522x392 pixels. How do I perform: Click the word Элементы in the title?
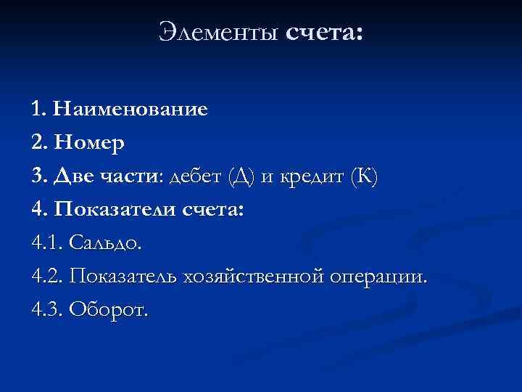click(219, 33)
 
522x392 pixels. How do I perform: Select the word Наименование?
click(130, 110)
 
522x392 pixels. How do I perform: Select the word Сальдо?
click(107, 244)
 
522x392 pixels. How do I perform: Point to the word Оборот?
click(109, 311)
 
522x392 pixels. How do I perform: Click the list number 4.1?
click(47, 244)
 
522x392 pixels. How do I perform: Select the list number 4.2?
click(47, 277)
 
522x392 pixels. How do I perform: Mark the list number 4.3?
click(47, 311)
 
